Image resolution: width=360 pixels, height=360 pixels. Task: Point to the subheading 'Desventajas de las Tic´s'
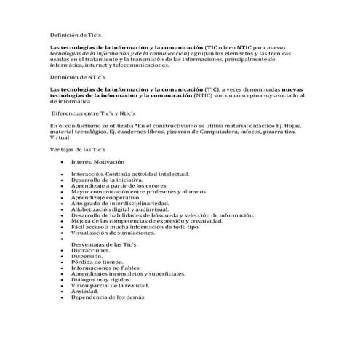pyautogui.click(x=109, y=244)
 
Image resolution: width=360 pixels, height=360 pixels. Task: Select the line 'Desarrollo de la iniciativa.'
pyautogui.click(x=108, y=180)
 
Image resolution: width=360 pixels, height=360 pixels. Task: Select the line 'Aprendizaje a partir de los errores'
pyautogui.click(x=119, y=185)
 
